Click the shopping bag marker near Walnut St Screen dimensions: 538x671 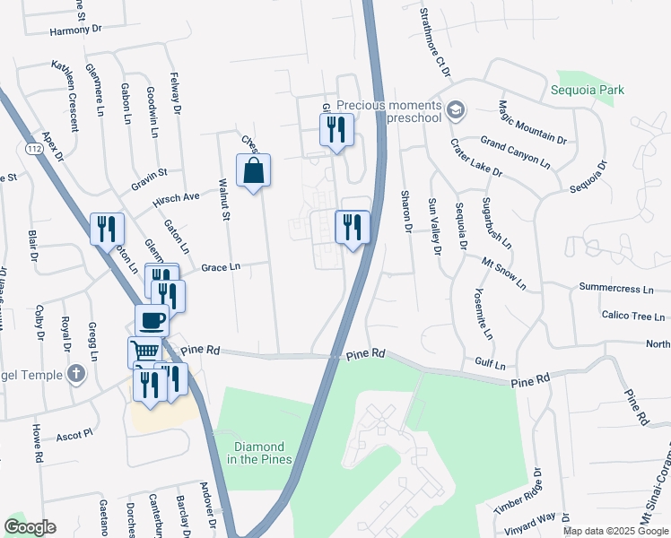[254, 170]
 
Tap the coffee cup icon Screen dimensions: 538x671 [152, 320]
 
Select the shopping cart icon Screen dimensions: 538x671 [144, 351]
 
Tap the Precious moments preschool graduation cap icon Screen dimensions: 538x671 [456, 110]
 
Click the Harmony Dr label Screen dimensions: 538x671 [63, 30]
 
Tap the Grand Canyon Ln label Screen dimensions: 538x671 [515, 151]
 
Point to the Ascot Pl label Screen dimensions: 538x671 [74, 435]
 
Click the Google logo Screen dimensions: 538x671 [30, 527]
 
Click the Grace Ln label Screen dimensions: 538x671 [221, 267]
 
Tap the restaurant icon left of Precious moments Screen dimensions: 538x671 [336, 129]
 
